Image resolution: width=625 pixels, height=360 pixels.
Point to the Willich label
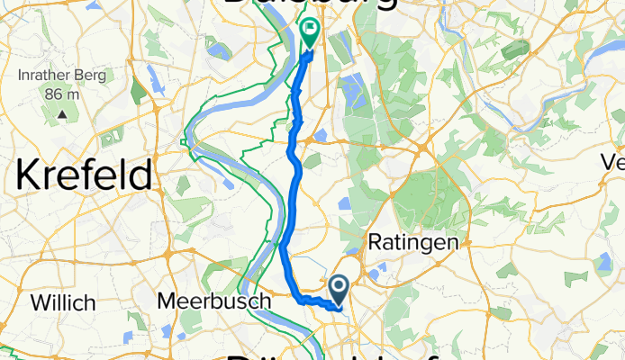coord(63,302)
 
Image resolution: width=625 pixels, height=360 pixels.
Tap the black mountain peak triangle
coord(62,114)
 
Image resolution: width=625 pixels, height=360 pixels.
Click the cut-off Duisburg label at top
coord(307,4)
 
